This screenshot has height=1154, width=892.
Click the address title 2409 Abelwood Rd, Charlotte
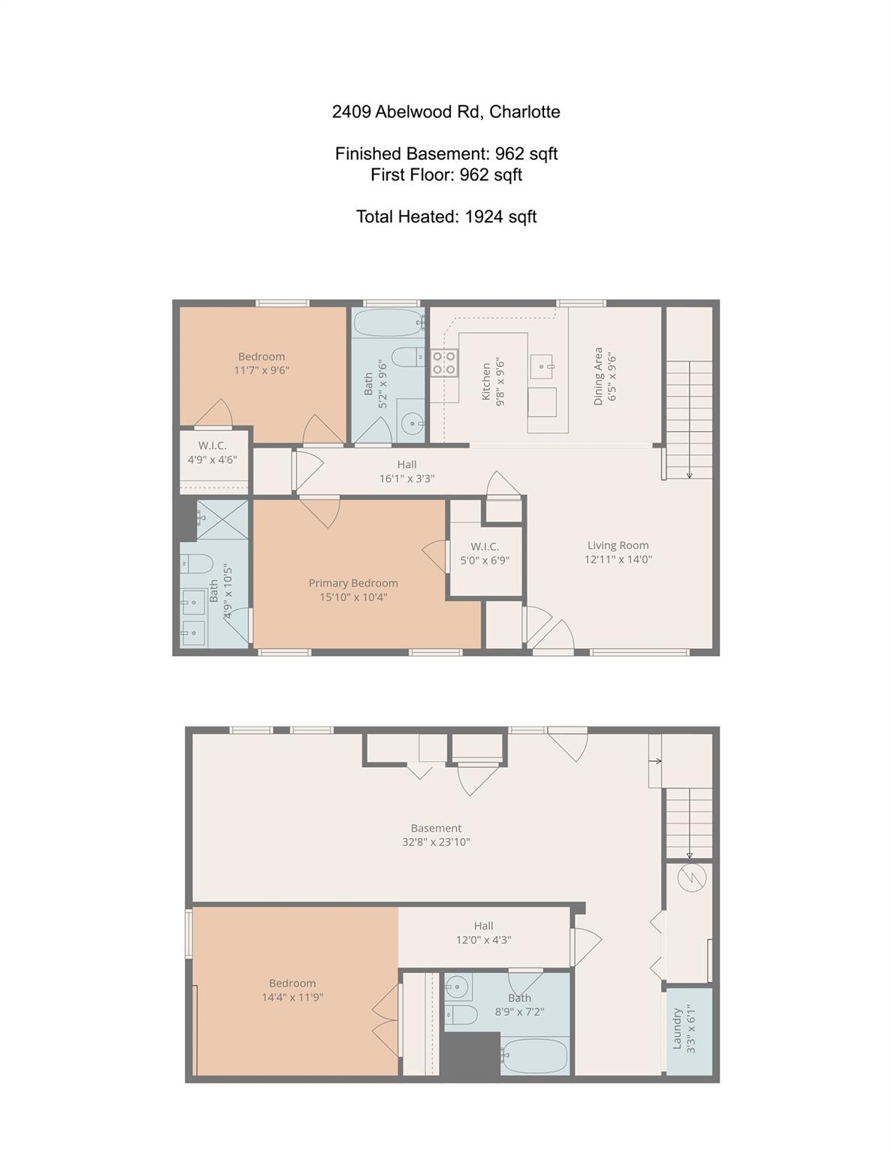pos(446,112)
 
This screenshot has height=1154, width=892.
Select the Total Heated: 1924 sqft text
pos(446,217)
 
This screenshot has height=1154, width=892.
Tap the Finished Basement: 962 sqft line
pos(446,154)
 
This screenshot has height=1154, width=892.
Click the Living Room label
pos(618,545)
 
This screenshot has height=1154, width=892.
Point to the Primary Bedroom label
pos(353,583)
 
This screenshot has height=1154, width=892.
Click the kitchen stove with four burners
pos(443,363)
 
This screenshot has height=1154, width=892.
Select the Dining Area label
pos(599,376)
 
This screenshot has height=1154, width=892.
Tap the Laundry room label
pos(677,1029)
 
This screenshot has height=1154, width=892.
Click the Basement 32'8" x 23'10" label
pos(436,835)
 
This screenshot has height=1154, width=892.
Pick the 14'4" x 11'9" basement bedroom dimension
pos(292,998)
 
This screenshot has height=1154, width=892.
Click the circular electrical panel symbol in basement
pos(691,878)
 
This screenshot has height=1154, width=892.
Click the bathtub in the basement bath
pos(534,1056)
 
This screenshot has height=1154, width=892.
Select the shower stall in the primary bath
pos(222,519)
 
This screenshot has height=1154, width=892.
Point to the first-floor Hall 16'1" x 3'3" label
pos(407,471)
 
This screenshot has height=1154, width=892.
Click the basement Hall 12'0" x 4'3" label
pos(483,932)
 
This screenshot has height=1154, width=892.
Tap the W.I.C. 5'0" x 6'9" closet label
pos(485,553)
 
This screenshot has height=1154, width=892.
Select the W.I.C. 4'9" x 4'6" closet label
pos(213,452)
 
